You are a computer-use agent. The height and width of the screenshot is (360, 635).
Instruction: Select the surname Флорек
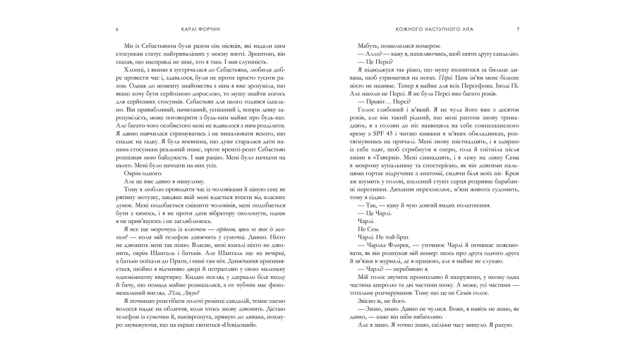[393, 259]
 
